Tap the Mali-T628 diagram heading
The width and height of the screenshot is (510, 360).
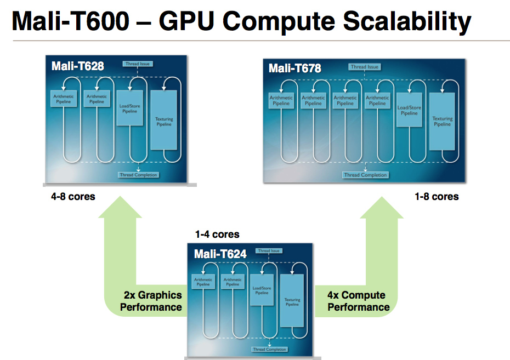click(x=78, y=66)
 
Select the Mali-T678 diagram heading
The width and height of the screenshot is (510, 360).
click(x=295, y=68)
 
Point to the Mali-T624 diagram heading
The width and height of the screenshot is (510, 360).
click(x=220, y=254)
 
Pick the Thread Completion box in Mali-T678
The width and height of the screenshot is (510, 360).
click(x=365, y=175)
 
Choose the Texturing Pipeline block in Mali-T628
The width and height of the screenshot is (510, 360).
click(x=163, y=121)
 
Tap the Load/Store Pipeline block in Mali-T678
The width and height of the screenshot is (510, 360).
click(x=409, y=111)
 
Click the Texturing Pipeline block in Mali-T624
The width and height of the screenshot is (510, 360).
click(x=292, y=301)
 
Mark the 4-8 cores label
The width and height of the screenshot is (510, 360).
click(x=73, y=196)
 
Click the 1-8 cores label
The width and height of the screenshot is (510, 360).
click(x=437, y=196)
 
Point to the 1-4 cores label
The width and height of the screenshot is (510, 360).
click(x=217, y=235)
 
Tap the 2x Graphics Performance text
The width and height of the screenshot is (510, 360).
click(x=151, y=301)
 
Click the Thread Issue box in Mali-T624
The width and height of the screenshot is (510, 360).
click(x=269, y=251)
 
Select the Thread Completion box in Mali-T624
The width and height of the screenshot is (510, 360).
click(x=269, y=349)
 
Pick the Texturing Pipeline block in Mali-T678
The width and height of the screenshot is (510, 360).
click(x=442, y=121)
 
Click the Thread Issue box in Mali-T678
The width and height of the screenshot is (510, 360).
click(x=365, y=67)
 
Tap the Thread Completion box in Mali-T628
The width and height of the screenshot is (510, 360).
click(x=138, y=175)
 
